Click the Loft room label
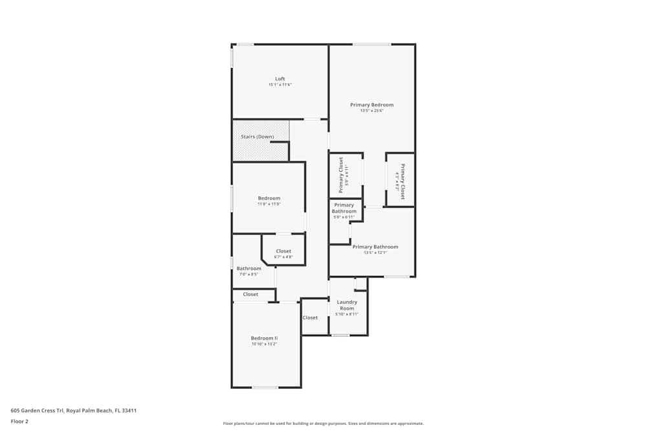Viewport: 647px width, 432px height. (280, 79)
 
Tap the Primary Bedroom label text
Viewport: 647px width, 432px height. (371, 105)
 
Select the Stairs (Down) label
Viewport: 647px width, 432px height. (257, 137)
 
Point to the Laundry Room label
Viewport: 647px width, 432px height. (347, 304)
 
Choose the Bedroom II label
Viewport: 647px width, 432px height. (264, 338)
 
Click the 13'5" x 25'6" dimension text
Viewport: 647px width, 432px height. (371, 111)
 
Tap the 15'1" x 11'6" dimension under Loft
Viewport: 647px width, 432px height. (280, 85)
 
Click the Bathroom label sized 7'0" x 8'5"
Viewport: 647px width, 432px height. (248, 268)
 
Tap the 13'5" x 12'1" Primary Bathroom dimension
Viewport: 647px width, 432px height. (375, 253)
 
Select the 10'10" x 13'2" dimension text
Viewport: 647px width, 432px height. (264, 344)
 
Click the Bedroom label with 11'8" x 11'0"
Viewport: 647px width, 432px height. (269, 198)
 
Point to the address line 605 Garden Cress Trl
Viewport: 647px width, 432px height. (73, 410)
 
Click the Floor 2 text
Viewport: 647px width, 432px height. (19, 421)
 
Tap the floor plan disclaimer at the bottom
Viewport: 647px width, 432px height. (323, 423)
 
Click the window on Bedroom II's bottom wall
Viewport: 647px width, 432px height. (265, 387)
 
